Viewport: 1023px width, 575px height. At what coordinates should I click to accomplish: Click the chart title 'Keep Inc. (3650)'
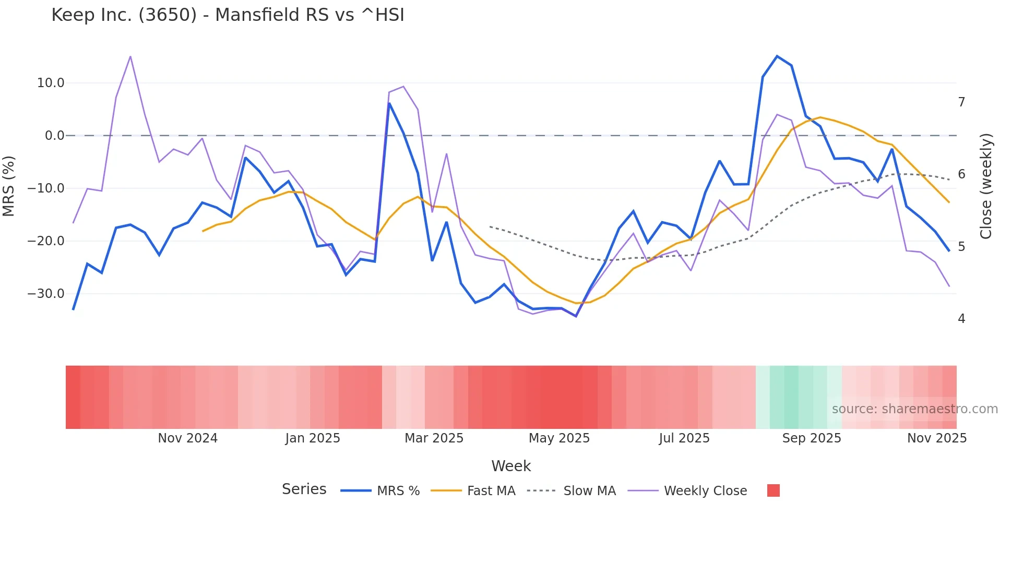pos(228,15)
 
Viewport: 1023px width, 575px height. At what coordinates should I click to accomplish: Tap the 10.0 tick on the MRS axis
pos(51,83)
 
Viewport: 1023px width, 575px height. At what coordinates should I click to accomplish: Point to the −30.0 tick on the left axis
pos(46,294)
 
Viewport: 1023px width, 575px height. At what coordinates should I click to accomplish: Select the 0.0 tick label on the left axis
pos(54,136)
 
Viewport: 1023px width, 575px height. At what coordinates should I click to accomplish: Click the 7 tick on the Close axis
pos(961,102)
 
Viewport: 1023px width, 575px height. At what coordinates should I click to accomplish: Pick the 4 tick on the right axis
pos(961,319)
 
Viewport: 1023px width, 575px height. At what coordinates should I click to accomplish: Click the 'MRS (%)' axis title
pos(9,186)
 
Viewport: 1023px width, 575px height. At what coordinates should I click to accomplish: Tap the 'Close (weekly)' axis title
pos(985,186)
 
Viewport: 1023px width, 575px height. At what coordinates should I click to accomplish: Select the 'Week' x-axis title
pos(511,466)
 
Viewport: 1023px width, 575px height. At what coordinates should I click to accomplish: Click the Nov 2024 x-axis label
pos(187,438)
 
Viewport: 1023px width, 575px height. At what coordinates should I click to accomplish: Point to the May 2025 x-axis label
pos(559,438)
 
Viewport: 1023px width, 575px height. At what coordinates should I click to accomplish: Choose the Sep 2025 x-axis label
pos(811,438)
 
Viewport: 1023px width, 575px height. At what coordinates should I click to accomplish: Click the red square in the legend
pos(773,490)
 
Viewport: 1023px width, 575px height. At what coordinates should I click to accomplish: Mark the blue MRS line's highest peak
pos(777,56)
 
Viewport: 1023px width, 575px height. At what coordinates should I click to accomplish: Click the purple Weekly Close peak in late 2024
pos(130,56)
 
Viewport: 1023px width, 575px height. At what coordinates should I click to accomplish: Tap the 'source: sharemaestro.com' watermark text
pos(914,409)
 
